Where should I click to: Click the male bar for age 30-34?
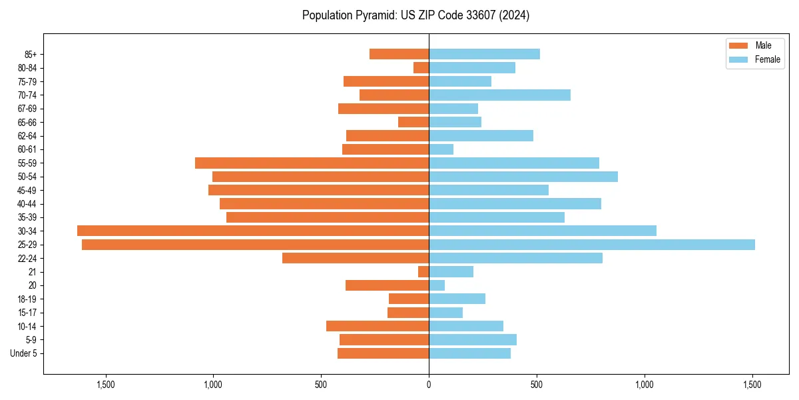tap(253, 231)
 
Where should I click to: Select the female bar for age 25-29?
tap(591, 245)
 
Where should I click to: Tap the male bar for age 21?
tap(423, 272)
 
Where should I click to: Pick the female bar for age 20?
tap(437, 285)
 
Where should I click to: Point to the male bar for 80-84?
tap(421, 68)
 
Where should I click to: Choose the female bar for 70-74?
tap(499, 95)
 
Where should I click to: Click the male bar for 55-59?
tap(312, 163)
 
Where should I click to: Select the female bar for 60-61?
tap(441, 149)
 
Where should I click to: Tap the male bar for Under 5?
tap(383, 353)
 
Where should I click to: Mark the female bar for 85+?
tap(484, 54)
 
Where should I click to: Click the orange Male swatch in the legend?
tap(738, 45)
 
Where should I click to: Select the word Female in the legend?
tap(767, 59)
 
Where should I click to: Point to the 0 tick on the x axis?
tap(429, 385)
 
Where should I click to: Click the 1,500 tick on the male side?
tap(106, 385)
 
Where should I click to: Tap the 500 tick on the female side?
tap(536, 385)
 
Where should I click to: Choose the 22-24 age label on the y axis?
tap(27, 259)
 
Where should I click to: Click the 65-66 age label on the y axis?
tap(27, 123)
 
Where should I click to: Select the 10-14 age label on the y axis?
tap(27, 327)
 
